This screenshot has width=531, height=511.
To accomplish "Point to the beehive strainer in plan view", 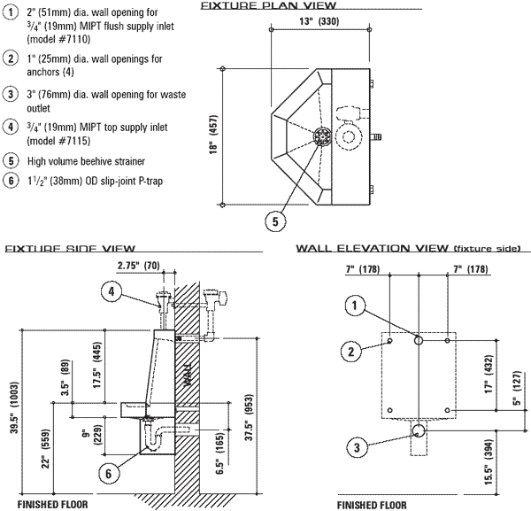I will pyautogui.click(x=321, y=135).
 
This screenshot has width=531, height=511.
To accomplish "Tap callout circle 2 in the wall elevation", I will pyautogui.click(x=351, y=351).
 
